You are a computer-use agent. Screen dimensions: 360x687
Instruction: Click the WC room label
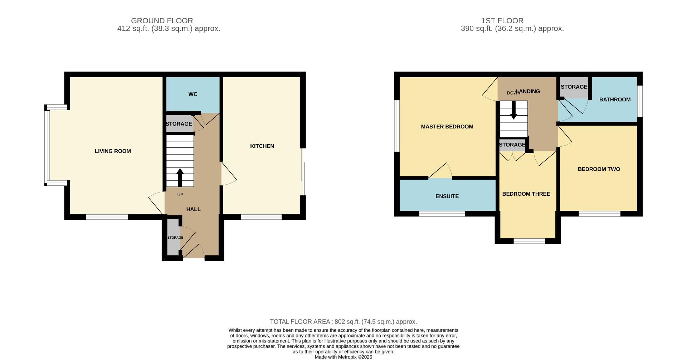point(193,94)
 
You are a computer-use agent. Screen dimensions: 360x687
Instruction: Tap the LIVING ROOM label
point(113,151)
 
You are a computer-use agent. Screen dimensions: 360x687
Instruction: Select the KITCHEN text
point(262,146)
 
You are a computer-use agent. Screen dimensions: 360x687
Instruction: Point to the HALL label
point(193,209)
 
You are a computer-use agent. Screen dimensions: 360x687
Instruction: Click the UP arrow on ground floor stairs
point(180,177)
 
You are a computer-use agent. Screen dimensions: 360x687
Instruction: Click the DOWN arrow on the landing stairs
point(513,110)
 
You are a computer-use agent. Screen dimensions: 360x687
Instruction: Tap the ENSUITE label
point(447,196)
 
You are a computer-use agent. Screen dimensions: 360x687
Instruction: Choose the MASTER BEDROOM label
point(447,126)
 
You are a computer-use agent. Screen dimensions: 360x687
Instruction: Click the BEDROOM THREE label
point(526,194)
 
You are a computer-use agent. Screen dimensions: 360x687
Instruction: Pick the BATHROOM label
point(615,99)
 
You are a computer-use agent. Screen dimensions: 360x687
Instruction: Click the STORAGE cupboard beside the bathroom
point(574,87)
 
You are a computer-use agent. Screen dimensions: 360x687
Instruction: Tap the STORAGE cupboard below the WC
point(179,124)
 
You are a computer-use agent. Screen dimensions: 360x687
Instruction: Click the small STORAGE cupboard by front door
point(175,237)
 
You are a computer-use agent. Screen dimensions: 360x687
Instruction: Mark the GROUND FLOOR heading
point(162,21)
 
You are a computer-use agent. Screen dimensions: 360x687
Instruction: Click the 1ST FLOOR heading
point(502,21)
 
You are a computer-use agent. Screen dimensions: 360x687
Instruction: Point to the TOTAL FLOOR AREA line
point(343,322)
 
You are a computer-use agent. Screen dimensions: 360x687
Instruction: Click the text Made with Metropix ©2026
point(343,357)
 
